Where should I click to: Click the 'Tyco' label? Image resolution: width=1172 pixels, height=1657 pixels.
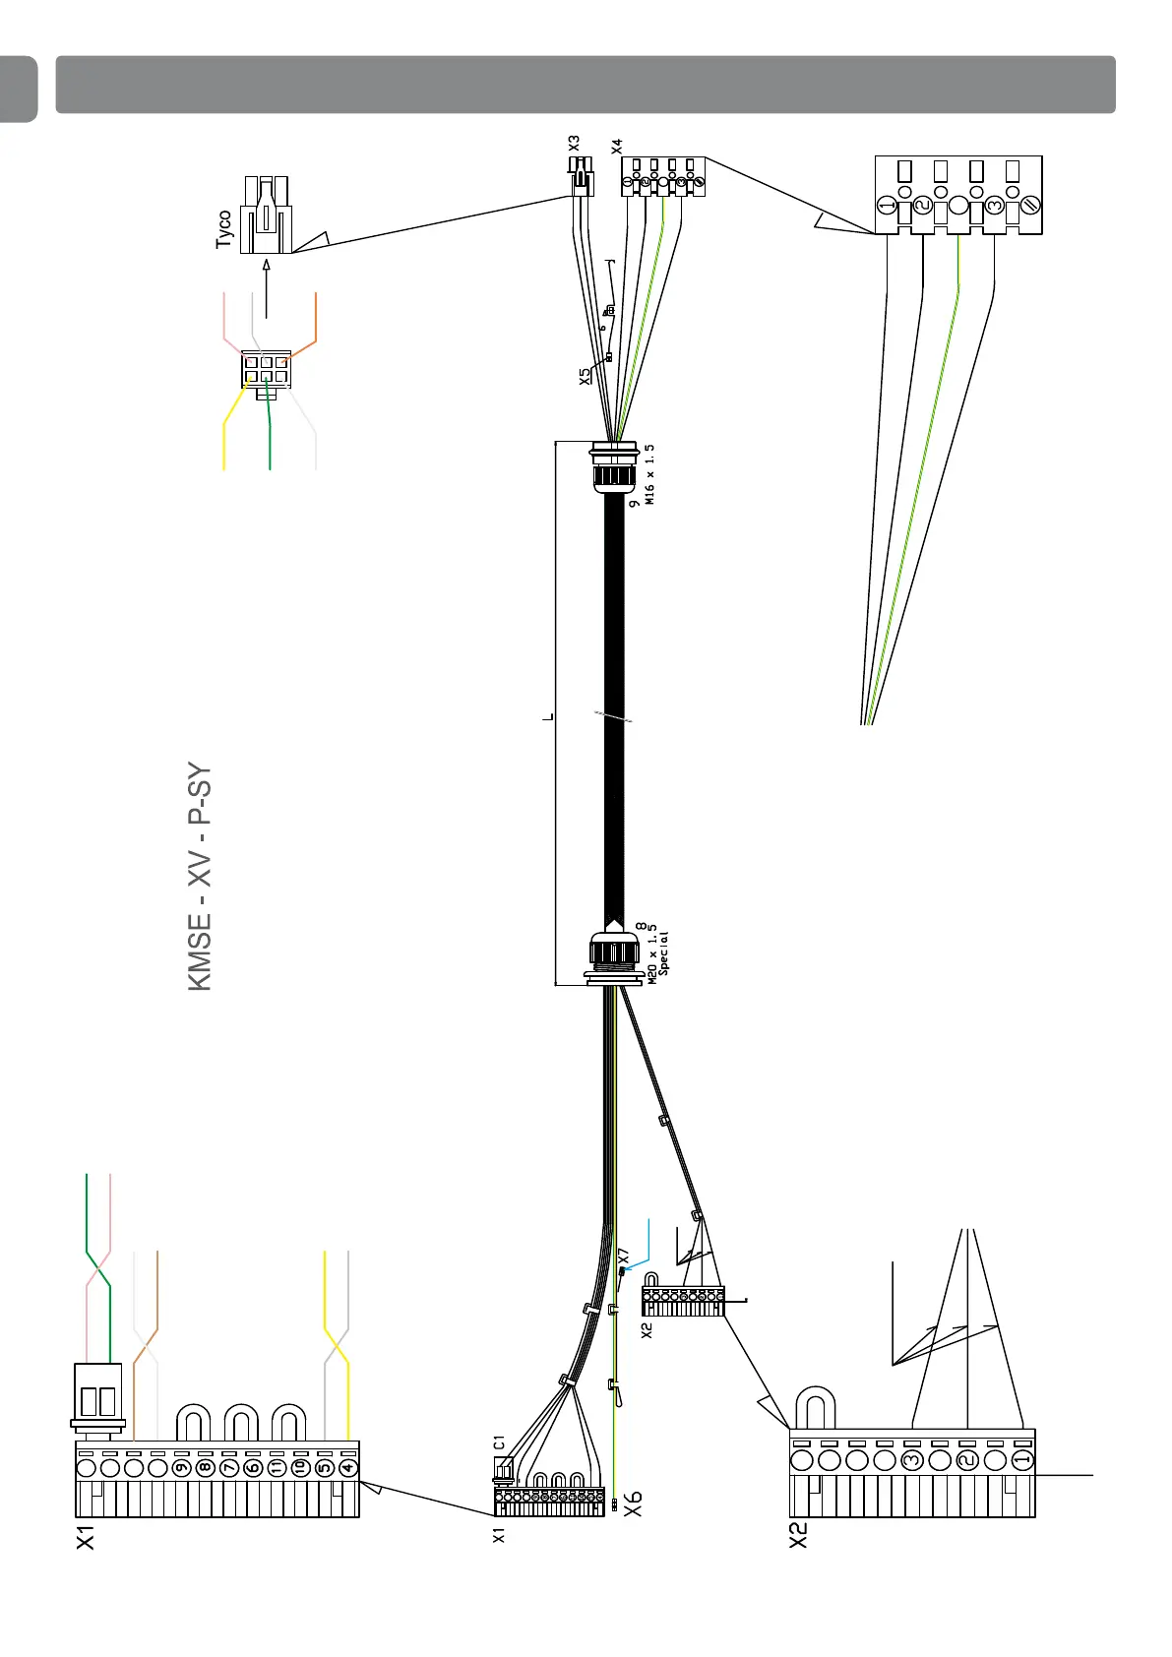click(224, 228)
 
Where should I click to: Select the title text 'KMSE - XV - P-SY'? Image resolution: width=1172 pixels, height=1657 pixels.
click(200, 877)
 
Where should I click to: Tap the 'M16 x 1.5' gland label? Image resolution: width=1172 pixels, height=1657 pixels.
click(649, 474)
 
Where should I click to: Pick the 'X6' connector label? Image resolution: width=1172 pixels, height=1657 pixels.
click(634, 1503)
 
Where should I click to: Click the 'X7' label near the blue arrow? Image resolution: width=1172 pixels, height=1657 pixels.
click(623, 1256)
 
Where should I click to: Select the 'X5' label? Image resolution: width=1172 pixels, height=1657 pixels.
click(585, 376)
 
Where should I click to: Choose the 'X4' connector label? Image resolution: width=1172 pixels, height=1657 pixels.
click(617, 146)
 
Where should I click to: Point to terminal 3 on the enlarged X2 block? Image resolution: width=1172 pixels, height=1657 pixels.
click(912, 1459)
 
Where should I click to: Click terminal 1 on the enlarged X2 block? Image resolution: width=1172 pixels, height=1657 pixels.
click(1022, 1459)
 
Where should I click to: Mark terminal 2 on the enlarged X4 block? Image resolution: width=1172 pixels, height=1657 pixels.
click(923, 206)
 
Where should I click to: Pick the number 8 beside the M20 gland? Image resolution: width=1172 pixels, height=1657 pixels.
click(642, 927)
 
